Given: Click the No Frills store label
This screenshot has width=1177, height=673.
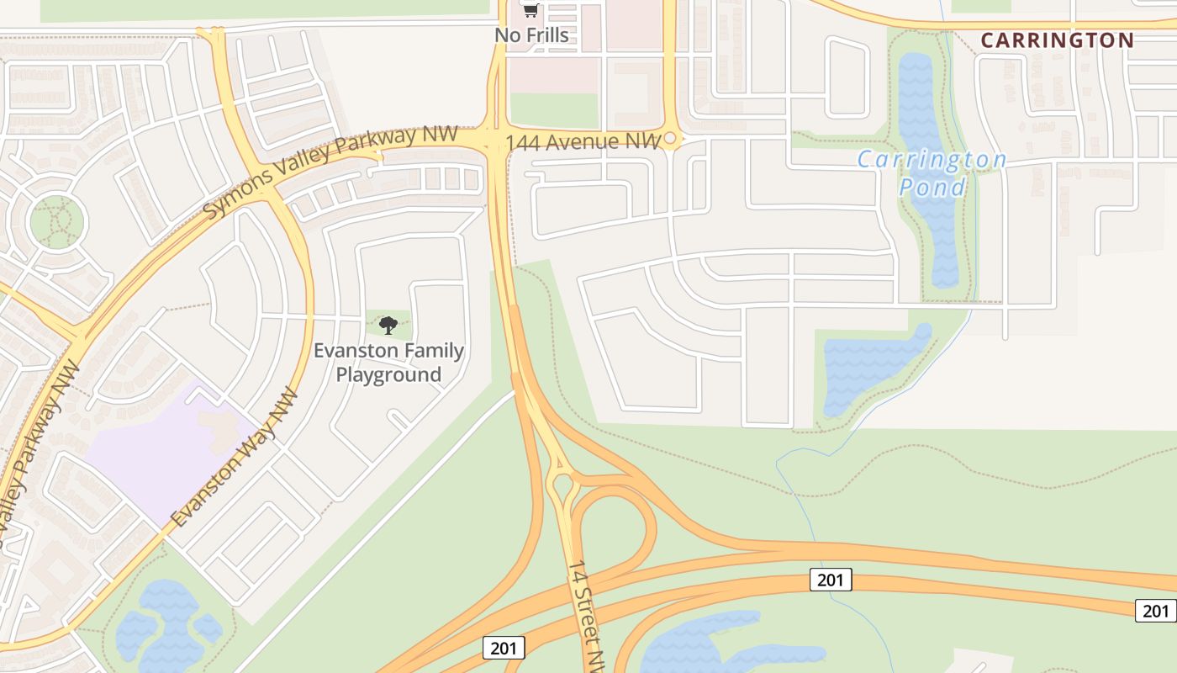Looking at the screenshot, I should (531, 35).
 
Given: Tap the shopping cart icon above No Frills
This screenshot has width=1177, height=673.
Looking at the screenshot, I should (530, 10).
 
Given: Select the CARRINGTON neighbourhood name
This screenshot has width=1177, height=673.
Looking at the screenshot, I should (1057, 40).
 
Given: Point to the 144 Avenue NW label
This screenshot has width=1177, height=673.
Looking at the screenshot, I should (583, 142).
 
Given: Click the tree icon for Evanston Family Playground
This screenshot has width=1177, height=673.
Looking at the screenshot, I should (388, 325).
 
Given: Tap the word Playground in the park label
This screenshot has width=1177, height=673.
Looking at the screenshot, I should (388, 374).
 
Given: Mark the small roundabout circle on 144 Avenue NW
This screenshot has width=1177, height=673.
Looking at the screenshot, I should (670, 138).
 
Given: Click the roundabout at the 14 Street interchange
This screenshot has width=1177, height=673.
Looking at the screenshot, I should (561, 485).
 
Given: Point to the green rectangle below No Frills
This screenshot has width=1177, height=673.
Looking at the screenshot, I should (553, 110).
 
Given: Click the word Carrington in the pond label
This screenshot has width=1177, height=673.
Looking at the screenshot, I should (932, 159).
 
